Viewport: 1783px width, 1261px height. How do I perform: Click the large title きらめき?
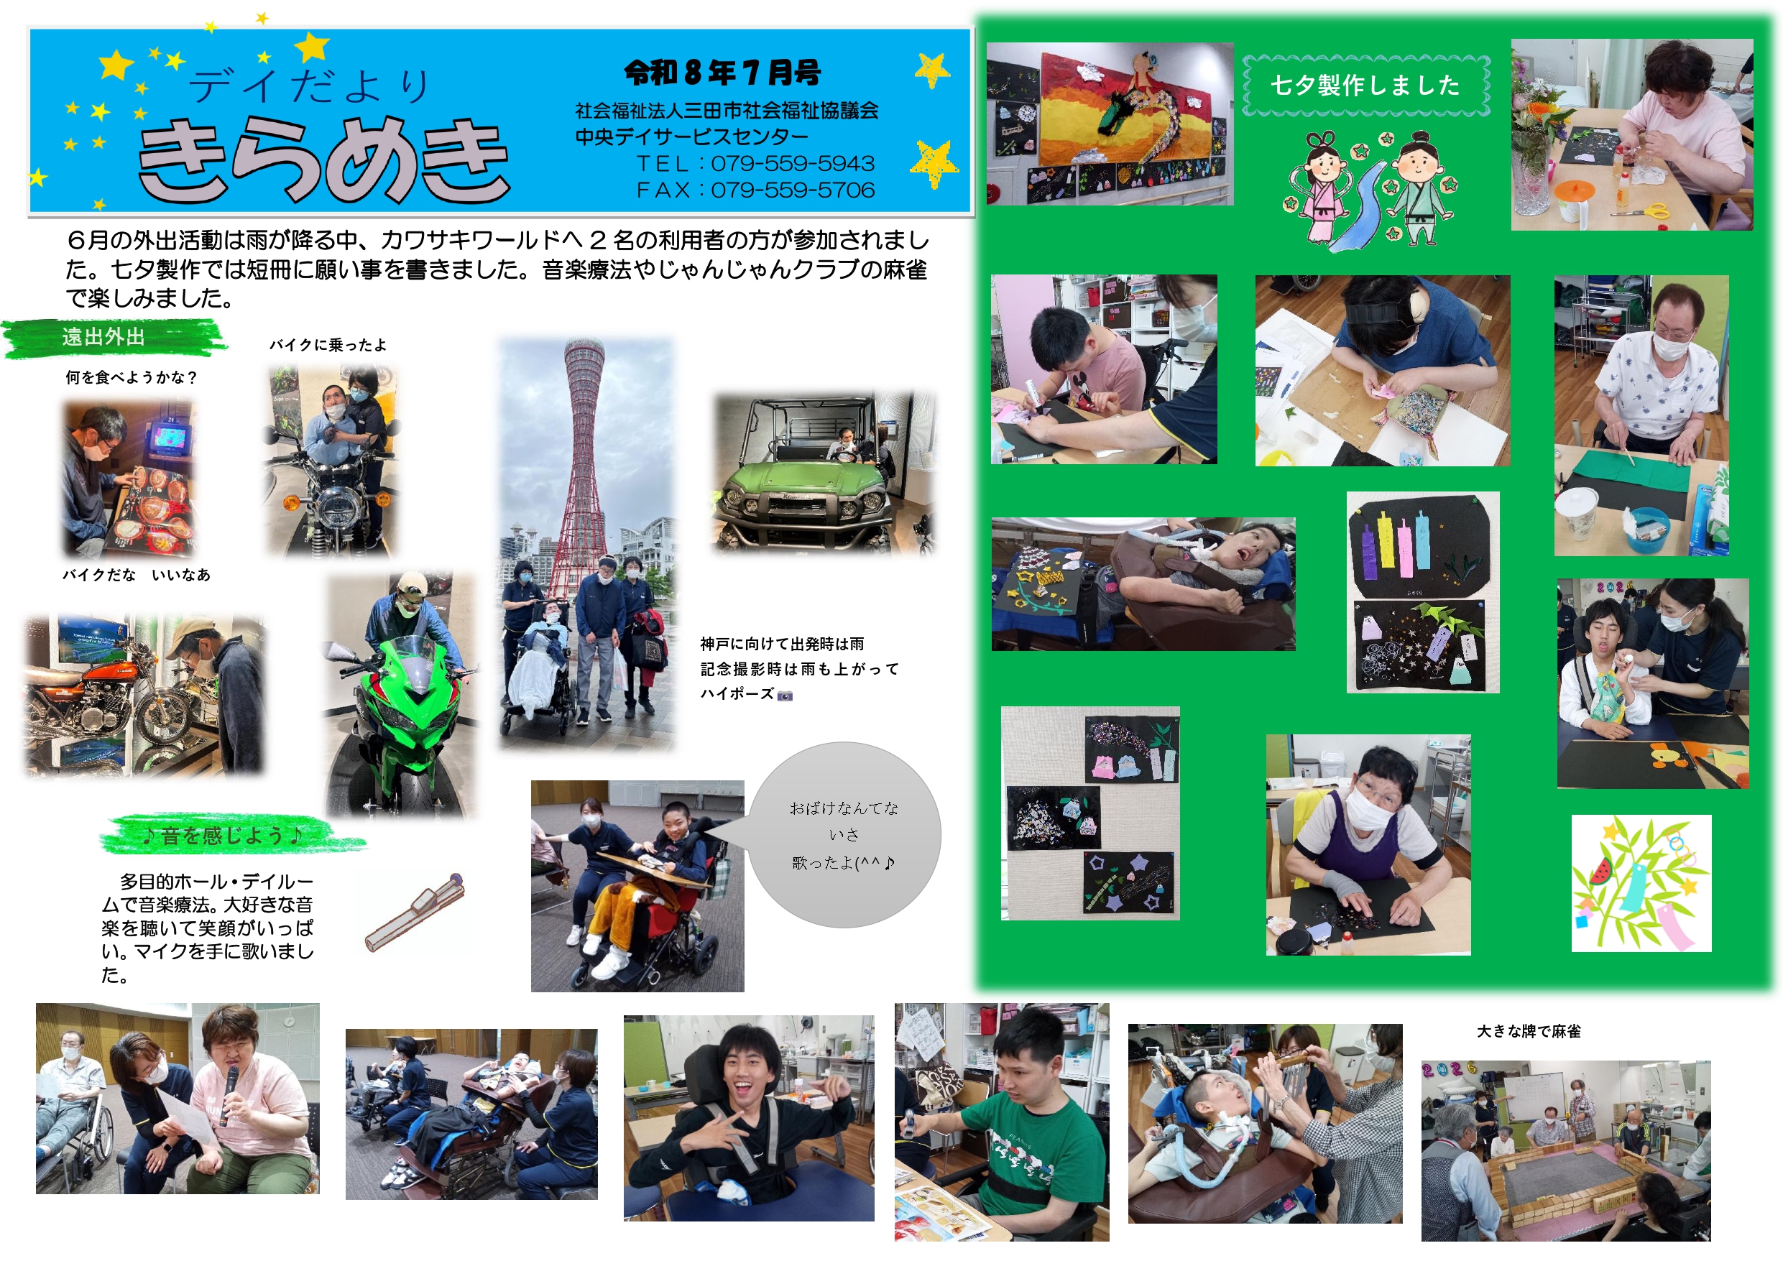pyautogui.click(x=323, y=160)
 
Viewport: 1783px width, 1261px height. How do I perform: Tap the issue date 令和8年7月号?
pyautogui.click(x=722, y=73)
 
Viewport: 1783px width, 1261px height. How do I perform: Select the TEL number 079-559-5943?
pyautogui.click(x=793, y=163)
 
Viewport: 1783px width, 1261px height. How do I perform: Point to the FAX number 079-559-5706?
pyautogui.click(x=793, y=190)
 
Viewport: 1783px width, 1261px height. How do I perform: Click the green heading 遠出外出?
pyautogui.click(x=103, y=337)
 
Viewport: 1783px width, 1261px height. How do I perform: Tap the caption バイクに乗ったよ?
pyautogui.click(x=328, y=345)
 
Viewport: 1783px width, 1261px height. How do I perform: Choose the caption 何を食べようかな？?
pyautogui.click(x=132, y=377)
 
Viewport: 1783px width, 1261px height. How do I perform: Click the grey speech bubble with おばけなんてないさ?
pyautogui.click(x=845, y=835)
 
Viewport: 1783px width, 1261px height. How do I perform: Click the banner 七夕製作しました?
pyautogui.click(x=1365, y=85)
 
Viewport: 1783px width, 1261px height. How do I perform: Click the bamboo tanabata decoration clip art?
pyautogui.click(x=1641, y=883)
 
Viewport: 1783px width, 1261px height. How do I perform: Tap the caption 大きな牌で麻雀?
pyautogui.click(x=1529, y=1031)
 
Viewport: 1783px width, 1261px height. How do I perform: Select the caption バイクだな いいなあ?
pyautogui.click(x=137, y=575)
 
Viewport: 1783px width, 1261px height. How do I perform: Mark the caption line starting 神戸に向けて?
pyautogui.click(x=781, y=644)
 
